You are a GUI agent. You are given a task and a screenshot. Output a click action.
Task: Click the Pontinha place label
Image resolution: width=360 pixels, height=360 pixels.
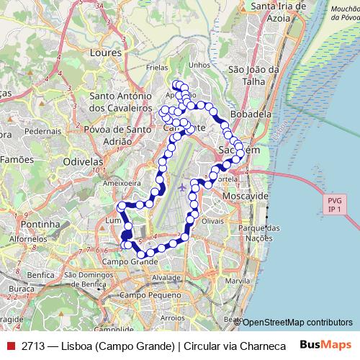[40, 225]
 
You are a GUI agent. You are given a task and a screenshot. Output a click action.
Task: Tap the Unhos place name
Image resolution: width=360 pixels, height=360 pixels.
[199, 65]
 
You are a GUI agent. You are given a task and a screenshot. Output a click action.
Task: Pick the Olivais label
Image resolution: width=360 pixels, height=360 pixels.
[214, 221]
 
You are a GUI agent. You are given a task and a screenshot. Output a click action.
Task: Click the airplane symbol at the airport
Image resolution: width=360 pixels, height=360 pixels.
[181, 187]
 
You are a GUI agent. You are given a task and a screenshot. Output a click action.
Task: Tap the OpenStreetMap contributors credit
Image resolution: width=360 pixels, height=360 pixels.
[296, 323]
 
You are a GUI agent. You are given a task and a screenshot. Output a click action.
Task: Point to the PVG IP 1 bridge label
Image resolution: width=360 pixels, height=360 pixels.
[333, 204]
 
